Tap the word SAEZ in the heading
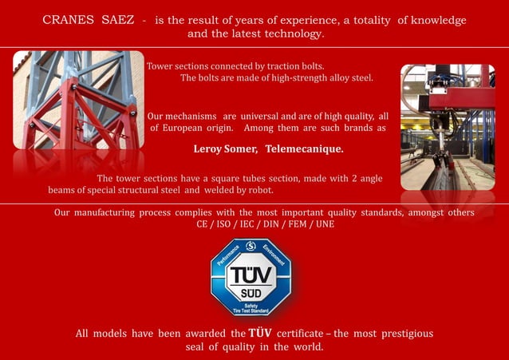[118, 20]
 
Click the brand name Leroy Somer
[225, 149]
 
